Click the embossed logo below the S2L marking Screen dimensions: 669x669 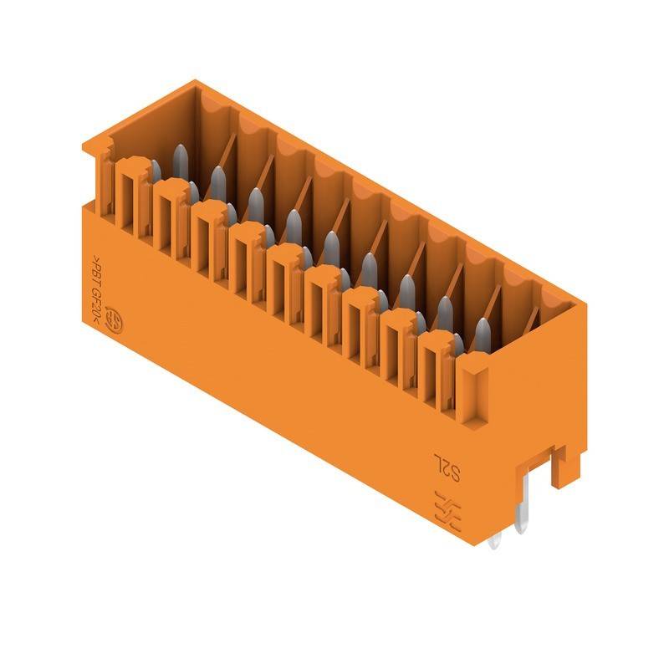tap(446, 508)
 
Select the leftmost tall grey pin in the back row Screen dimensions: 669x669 tap(180, 158)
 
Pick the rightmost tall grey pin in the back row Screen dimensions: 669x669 tap(483, 333)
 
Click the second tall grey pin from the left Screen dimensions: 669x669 tap(217, 180)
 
